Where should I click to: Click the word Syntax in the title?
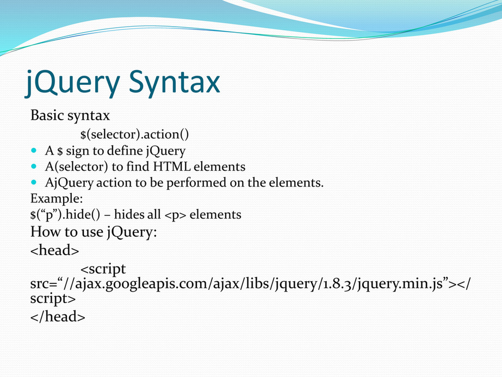point(175,83)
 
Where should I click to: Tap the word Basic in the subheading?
point(47,115)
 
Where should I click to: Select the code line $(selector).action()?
point(134,134)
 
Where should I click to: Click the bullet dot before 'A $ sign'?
point(34,150)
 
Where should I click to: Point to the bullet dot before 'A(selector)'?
point(34,166)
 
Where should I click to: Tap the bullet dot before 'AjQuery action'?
point(34,182)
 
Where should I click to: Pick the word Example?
point(57,199)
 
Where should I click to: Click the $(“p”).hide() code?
point(65,214)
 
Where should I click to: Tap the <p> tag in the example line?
point(175,215)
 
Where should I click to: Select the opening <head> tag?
point(55,250)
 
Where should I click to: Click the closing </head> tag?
point(58,317)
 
